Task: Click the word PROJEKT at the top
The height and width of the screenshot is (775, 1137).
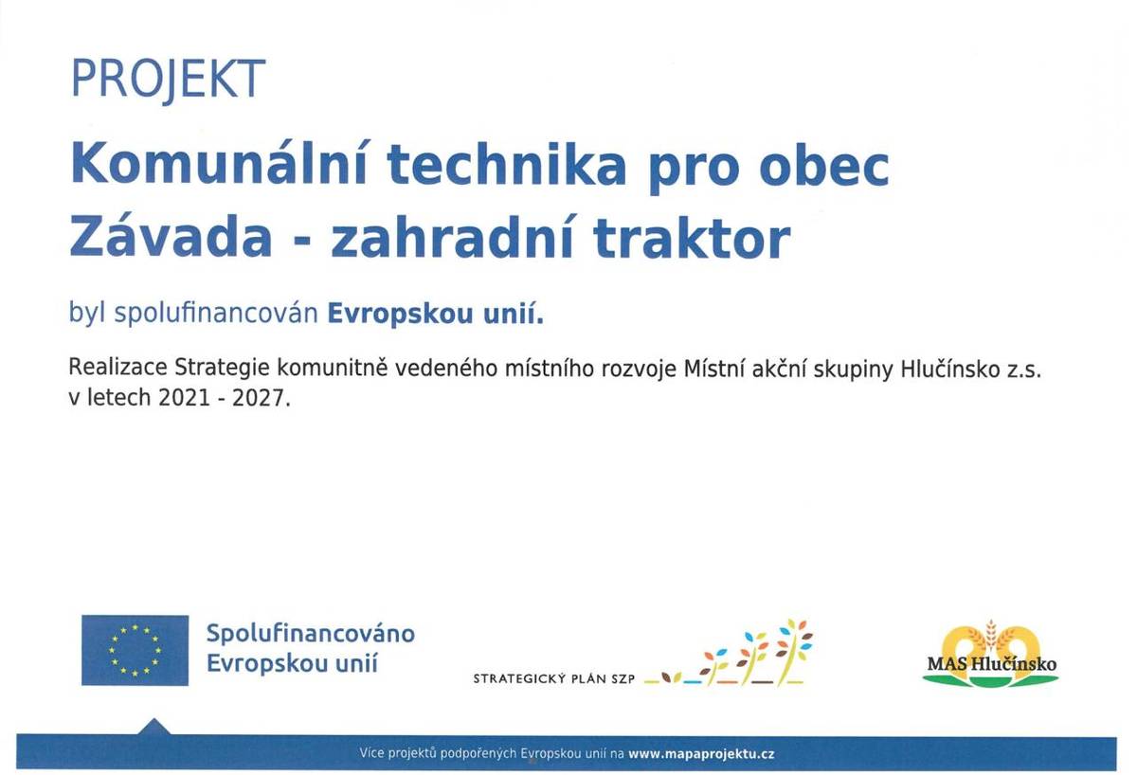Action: tap(168, 80)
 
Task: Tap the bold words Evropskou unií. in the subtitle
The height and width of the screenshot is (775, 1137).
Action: tap(436, 315)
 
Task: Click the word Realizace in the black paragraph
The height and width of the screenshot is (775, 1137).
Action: tap(118, 370)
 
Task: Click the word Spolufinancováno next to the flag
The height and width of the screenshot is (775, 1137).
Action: tap(311, 633)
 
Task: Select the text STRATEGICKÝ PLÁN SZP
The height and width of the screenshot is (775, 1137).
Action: tap(553, 678)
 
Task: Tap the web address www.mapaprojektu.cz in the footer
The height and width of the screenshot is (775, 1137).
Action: tap(701, 754)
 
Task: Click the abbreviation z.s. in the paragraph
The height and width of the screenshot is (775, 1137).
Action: tap(1022, 370)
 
